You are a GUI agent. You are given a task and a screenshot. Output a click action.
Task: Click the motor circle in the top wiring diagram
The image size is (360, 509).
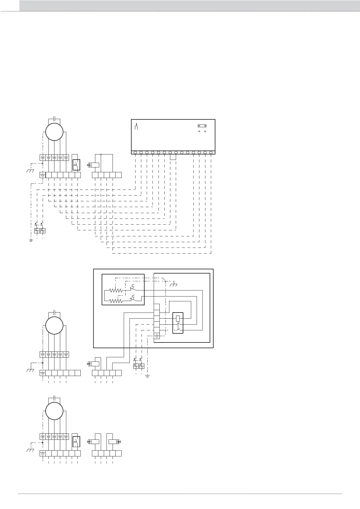[54, 132]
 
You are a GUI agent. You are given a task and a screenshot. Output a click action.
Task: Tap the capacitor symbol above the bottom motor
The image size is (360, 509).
[54, 397]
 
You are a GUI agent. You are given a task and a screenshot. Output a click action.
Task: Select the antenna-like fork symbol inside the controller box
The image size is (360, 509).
[136, 127]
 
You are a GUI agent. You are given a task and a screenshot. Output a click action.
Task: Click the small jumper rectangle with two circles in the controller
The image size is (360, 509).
[202, 126]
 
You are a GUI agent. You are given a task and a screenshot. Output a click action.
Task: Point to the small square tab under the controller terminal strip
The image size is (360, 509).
[173, 157]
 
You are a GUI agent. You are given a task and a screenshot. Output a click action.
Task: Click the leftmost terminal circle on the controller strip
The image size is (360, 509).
[135, 152]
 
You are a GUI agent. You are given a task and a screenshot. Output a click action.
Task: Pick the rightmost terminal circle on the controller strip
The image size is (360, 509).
[211, 152]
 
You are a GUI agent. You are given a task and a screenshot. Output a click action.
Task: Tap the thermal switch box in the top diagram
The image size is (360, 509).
[76, 165]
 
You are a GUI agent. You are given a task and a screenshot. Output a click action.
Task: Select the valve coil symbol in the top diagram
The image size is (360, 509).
[95, 165]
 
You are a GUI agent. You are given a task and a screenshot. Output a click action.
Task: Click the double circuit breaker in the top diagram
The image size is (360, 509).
[40, 231]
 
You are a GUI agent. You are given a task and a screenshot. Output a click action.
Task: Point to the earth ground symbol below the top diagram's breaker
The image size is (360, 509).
[31, 241]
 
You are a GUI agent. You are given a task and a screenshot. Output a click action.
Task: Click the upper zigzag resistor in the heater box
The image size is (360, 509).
[116, 290]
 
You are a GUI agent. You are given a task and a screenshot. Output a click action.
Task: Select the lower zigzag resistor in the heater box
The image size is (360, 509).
[116, 301]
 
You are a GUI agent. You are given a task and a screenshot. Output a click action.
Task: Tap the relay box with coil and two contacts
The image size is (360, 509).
[178, 323]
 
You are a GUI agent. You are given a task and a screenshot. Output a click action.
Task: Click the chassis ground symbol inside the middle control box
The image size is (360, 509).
[174, 285]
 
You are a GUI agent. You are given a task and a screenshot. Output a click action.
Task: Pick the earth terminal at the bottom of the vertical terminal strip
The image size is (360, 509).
[157, 336]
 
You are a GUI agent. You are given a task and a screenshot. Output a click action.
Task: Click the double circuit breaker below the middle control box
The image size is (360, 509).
[139, 366]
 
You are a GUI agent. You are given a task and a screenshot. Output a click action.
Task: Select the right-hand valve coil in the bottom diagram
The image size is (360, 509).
[113, 442]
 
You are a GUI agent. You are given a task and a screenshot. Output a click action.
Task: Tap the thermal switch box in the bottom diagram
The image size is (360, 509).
[76, 442]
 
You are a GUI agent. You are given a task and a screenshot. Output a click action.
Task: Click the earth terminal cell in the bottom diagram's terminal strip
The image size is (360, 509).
[43, 453]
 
